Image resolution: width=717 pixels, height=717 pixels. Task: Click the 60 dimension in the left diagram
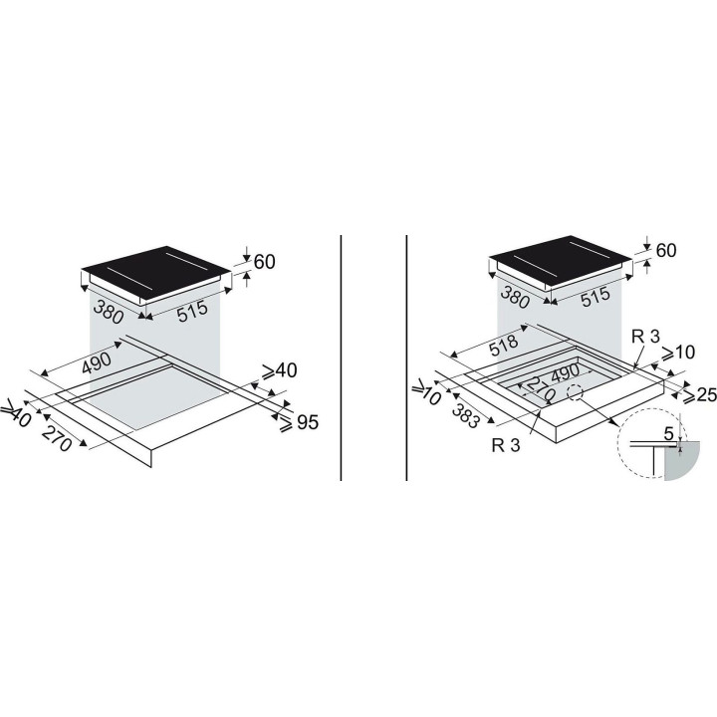(x=264, y=262)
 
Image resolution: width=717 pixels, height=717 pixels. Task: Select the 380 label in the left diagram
(x=109, y=312)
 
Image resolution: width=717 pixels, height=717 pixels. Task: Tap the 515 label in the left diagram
(x=192, y=312)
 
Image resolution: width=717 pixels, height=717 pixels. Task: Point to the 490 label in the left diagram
(x=96, y=362)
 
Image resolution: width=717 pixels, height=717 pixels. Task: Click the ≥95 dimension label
(x=299, y=422)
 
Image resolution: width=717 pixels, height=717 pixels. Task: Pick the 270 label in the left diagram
(x=57, y=437)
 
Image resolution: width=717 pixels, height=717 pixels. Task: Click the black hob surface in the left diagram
(x=155, y=273)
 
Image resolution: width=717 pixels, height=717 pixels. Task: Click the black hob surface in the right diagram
(x=561, y=262)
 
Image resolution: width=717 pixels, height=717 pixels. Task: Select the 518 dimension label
(x=504, y=346)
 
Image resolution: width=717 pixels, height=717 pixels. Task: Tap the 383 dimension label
(x=465, y=417)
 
